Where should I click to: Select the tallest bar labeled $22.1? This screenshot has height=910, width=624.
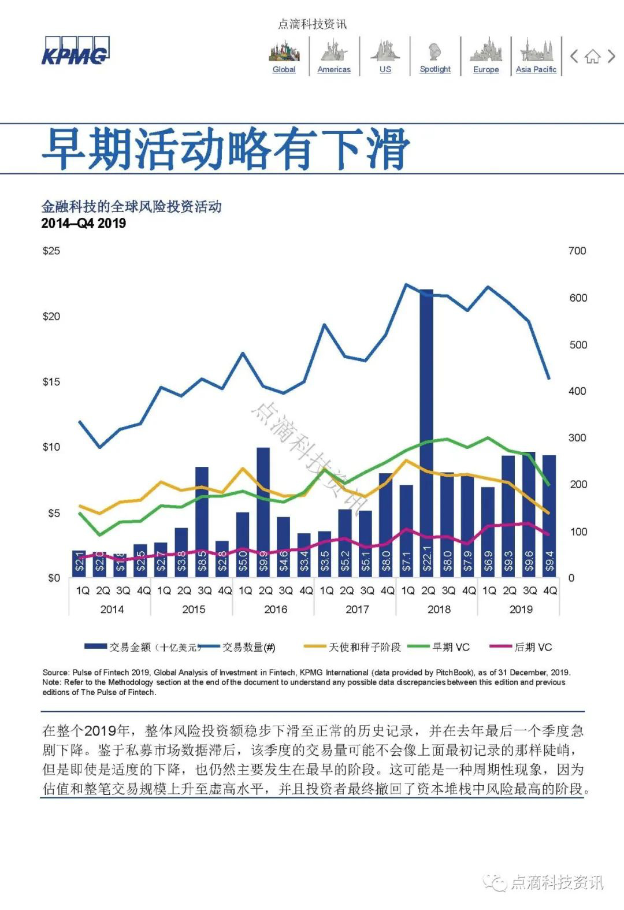pos(427,433)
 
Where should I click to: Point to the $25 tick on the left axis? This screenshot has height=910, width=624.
pos(51,251)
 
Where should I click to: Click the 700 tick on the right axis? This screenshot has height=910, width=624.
pos(577,251)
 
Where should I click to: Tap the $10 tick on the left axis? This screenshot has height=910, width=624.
pos(51,447)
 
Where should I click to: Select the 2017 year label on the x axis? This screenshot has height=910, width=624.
pos(357,609)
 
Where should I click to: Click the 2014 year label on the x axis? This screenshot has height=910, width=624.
pos(112,609)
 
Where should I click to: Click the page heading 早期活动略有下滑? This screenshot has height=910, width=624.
pos(226,149)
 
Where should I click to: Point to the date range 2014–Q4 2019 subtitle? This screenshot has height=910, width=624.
pos(84,223)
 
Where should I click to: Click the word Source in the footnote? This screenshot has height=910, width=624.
pos(55,673)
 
